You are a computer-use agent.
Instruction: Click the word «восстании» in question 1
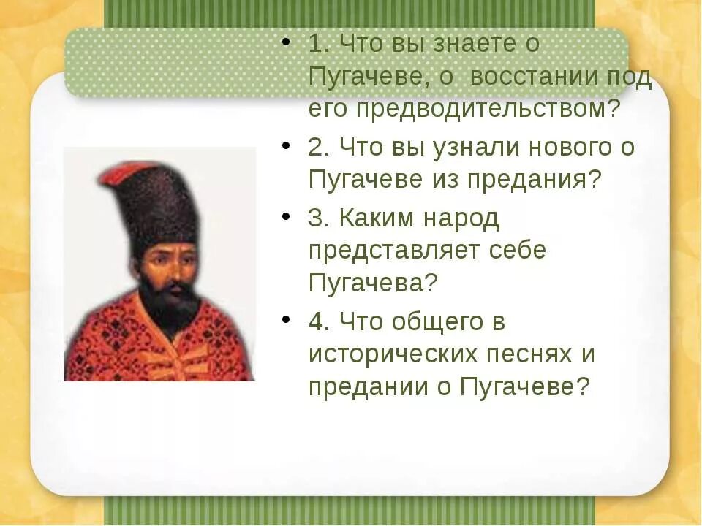tap(535, 77)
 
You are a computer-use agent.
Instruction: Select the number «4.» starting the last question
tap(320, 321)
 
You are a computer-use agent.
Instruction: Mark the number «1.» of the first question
tap(319, 44)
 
